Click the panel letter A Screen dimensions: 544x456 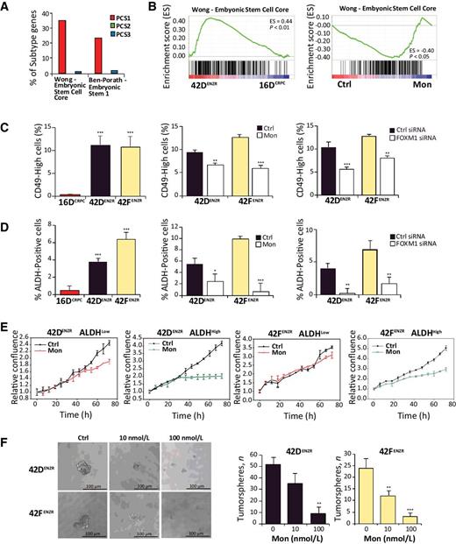pyautogui.click(x=7, y=7)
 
